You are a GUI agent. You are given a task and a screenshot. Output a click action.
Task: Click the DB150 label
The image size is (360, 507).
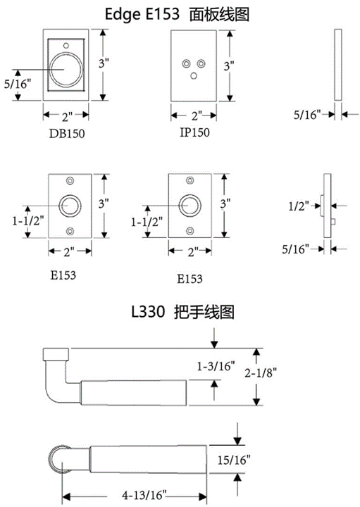tap(67, 134)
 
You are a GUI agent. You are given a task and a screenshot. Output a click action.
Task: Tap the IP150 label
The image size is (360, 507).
tap(194, 132)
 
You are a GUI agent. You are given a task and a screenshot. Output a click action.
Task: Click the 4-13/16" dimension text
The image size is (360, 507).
tap(144, 495)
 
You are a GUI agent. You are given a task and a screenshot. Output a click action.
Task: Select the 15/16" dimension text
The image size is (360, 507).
tap(234, 459)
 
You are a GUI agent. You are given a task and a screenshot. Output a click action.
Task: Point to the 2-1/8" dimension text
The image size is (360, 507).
tap(261, 373)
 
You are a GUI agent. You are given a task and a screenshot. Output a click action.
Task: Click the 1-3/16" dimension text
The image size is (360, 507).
tap(216, 366)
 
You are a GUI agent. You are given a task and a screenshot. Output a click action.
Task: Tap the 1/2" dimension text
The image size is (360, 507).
tap(299, 206)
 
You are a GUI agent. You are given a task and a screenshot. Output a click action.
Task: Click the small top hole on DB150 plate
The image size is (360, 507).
tap(66, 46)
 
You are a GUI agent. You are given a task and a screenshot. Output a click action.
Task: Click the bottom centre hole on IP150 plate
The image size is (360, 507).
tap(194, 75)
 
